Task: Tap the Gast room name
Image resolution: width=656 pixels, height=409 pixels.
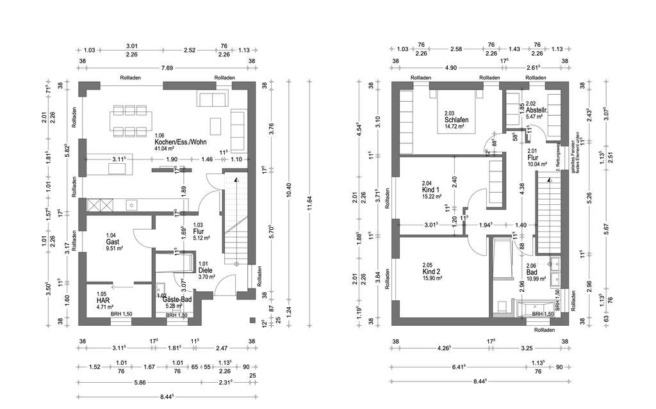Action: tap(112, 242)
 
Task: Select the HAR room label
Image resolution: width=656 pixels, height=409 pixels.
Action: tap(103, 300)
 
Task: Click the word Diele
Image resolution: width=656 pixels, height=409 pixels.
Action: tap(205, 270)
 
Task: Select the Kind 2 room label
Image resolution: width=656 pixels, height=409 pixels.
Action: tap(431, 271)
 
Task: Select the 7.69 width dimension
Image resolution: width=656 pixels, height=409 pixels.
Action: tap(167, 68)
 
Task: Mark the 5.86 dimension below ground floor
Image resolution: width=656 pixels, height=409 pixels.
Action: tap(140, 383)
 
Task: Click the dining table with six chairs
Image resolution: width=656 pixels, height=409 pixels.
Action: tap(131, 120)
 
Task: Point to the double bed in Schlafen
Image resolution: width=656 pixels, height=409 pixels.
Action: tap(456, 112)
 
